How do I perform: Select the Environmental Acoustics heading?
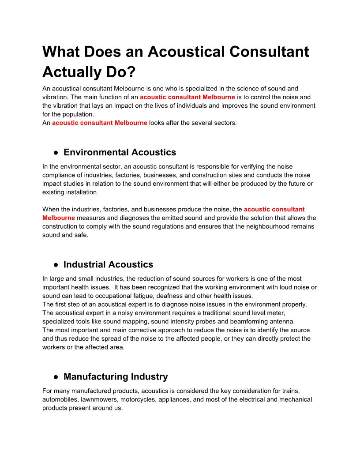[x=120, y=152]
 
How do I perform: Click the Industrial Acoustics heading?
[x=108, y=264]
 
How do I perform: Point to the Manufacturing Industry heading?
[x=116, y=376]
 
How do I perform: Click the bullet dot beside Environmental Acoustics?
[x=56, y=153]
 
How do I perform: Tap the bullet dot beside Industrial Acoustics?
[x=56, y=265]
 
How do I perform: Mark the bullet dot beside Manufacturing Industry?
[x=56, y=377]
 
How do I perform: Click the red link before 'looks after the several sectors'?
[x=99, y=123]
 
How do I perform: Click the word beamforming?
[x=241, y=321]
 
